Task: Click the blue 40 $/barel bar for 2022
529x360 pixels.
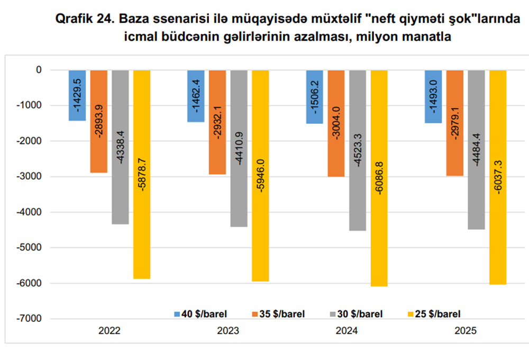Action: point(77,95)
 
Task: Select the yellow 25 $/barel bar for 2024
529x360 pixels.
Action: point(379,178)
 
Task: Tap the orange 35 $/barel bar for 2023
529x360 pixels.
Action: point(217,122)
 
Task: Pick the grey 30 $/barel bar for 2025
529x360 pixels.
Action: point(476,150)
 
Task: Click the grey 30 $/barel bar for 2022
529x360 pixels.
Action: point(120,147)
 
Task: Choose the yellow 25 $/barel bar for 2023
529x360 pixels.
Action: point(260,176)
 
